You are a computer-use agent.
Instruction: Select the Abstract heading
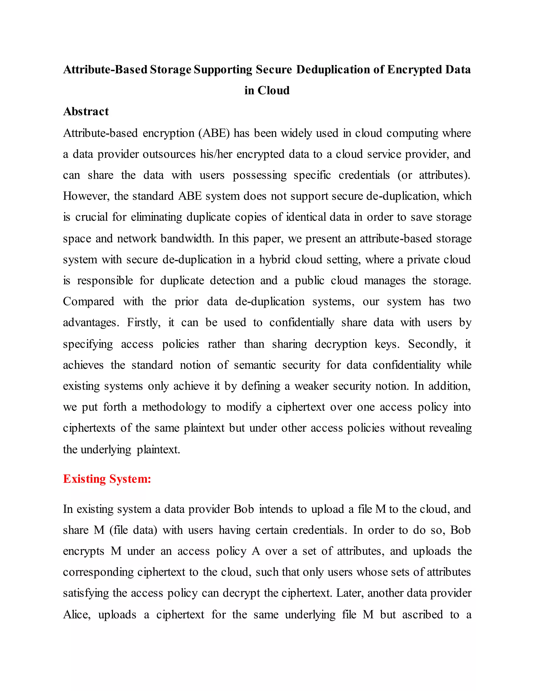pos(86,112)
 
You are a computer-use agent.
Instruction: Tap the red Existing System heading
pos(107,479)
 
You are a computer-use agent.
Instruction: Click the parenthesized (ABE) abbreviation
pos(214,133)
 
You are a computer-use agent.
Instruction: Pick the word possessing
pos(259,175)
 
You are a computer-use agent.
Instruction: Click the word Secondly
pos(432,344)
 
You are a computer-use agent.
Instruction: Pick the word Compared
pos(89,301)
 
